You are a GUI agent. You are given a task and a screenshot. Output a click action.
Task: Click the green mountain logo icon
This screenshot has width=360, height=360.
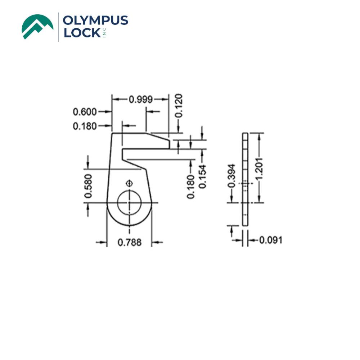pos(37,26)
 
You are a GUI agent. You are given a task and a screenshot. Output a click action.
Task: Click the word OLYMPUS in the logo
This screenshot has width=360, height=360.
pos(95,21)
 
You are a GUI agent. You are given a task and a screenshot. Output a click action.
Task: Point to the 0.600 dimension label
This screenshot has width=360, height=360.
pos(85,112)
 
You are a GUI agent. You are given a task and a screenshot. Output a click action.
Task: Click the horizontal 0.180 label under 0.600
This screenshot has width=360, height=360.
pos(85,126)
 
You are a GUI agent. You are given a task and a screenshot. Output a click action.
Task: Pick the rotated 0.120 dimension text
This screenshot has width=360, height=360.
pos(178,105)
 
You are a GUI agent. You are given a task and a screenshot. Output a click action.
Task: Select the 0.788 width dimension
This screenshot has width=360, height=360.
pos(130,242)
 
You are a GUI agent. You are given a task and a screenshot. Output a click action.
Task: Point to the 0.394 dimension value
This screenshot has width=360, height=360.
pos(232,176)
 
